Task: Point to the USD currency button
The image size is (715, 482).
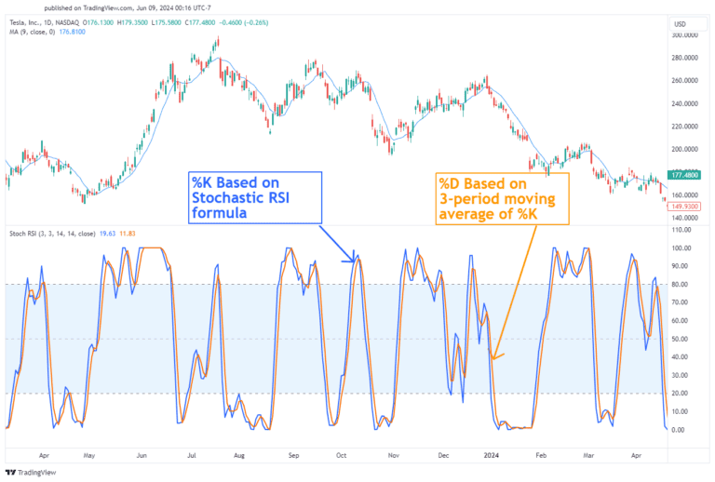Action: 680,23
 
